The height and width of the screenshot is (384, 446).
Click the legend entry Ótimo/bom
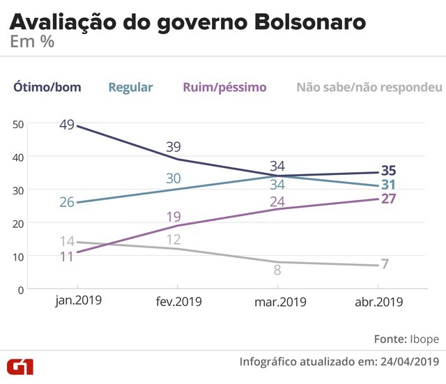click(46, 87)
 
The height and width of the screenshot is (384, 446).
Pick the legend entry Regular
click(130, 87)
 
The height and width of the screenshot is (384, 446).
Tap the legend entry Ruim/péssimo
click(224, 87)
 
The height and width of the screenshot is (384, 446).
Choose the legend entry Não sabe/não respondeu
click(369, 87)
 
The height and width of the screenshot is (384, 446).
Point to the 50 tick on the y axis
click(18, 123)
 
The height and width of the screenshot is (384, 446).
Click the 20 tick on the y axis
click(18, 223)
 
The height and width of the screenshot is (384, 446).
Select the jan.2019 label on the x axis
click(77, 302)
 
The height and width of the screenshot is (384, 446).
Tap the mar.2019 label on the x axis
click(277, 302)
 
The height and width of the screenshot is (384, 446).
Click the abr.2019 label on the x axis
click(377, 302)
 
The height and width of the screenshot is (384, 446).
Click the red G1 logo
click(20, 367)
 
